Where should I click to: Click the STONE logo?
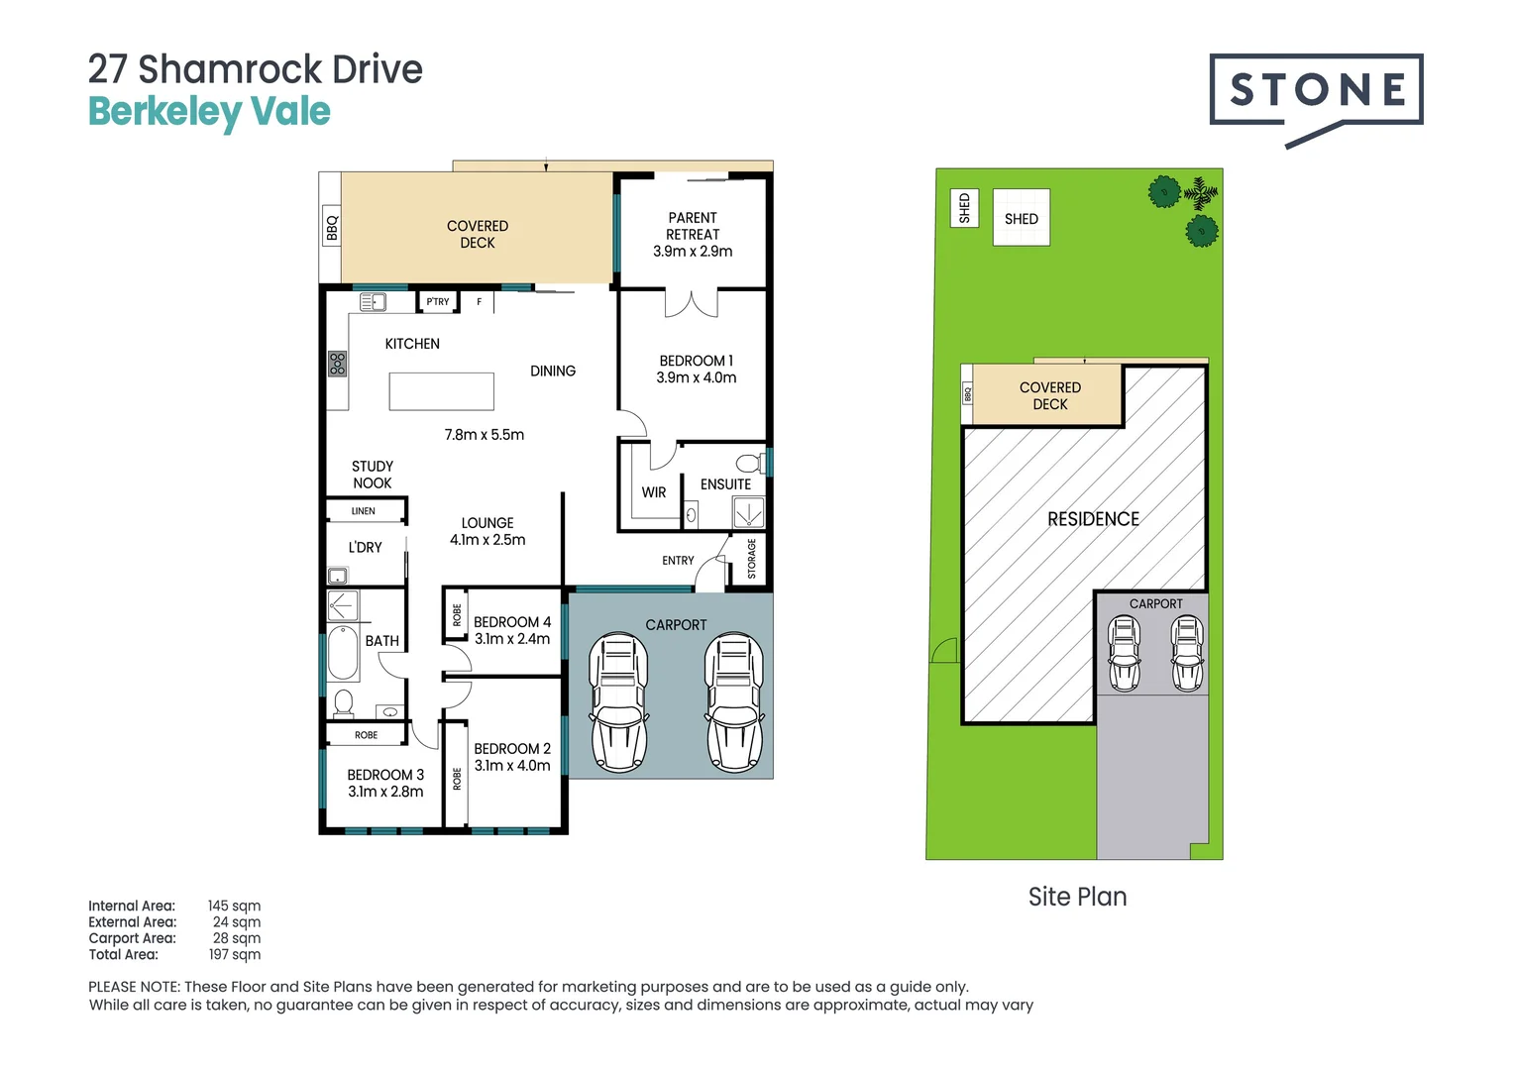(x=1316, y=91)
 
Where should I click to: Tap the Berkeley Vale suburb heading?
(x=209, y=112)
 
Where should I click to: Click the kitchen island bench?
(x=441, y=391)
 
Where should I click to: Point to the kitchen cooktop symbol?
(x=338, y=364)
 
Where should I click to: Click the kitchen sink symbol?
(x=373, y=302)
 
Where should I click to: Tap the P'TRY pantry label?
(x=438, y=301)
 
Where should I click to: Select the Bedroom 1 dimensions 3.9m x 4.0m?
(x=696, y=377)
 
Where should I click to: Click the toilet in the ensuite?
(x=749, y=464)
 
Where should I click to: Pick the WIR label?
(x=653, y=492)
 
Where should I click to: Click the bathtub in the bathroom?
(x=343, y=652)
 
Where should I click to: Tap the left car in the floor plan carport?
(x=618, y=704)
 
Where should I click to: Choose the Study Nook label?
(x=373, y=475)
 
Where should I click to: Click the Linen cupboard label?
(x=364, y=511)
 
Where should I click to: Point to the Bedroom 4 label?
(x=511, y=622)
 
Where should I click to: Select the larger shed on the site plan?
(x=1021, y=218)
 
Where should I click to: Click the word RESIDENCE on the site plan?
(x=1093, y=519)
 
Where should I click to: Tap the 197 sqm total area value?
(x=235, y=954)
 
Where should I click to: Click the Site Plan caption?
(x=1077, y=897)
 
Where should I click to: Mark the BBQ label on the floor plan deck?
(x=332, y=228)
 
